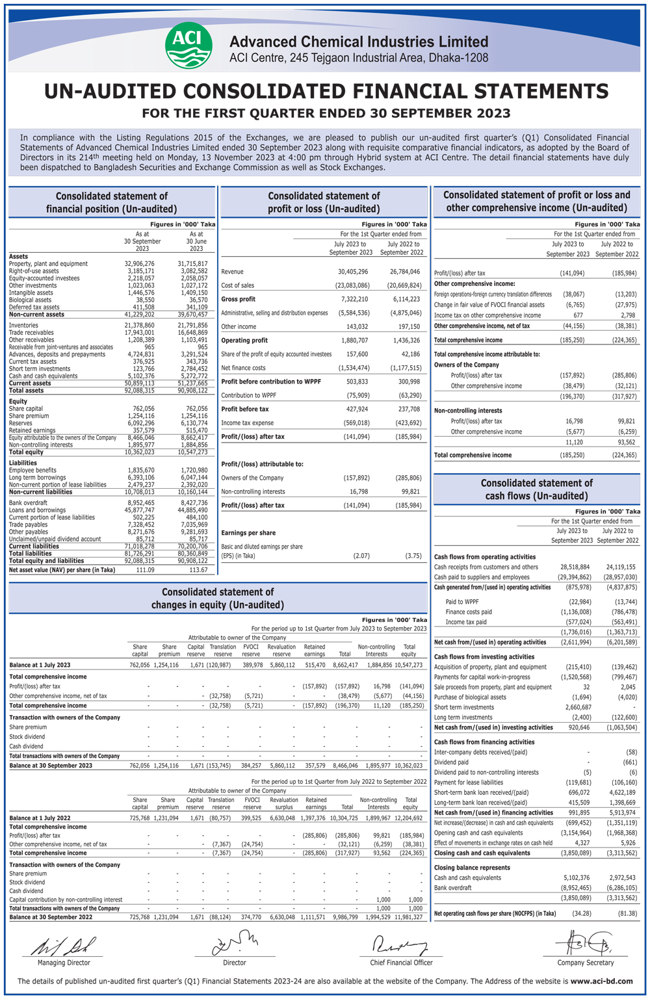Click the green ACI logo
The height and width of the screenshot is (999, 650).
coord(188,45)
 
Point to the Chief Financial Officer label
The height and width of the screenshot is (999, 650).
coord(401,963)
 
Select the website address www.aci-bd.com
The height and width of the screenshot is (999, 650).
coord(601,981)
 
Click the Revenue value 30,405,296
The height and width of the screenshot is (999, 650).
coord(353,272)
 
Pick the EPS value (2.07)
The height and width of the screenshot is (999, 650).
coord(361,556)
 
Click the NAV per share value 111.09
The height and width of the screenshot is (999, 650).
coord(145,570)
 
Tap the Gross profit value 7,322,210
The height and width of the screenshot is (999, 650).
coord(354,299)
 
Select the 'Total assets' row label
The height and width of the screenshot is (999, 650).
coord(26,391)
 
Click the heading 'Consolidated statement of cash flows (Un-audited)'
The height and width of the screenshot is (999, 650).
coord(536,489)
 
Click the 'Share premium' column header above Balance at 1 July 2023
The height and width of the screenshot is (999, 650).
coord(169,650)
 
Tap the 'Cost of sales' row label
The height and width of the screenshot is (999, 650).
coord(238,285)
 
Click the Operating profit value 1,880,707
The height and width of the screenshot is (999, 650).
coord(354,341)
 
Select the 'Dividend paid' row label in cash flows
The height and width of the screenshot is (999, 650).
coord(451,762)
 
